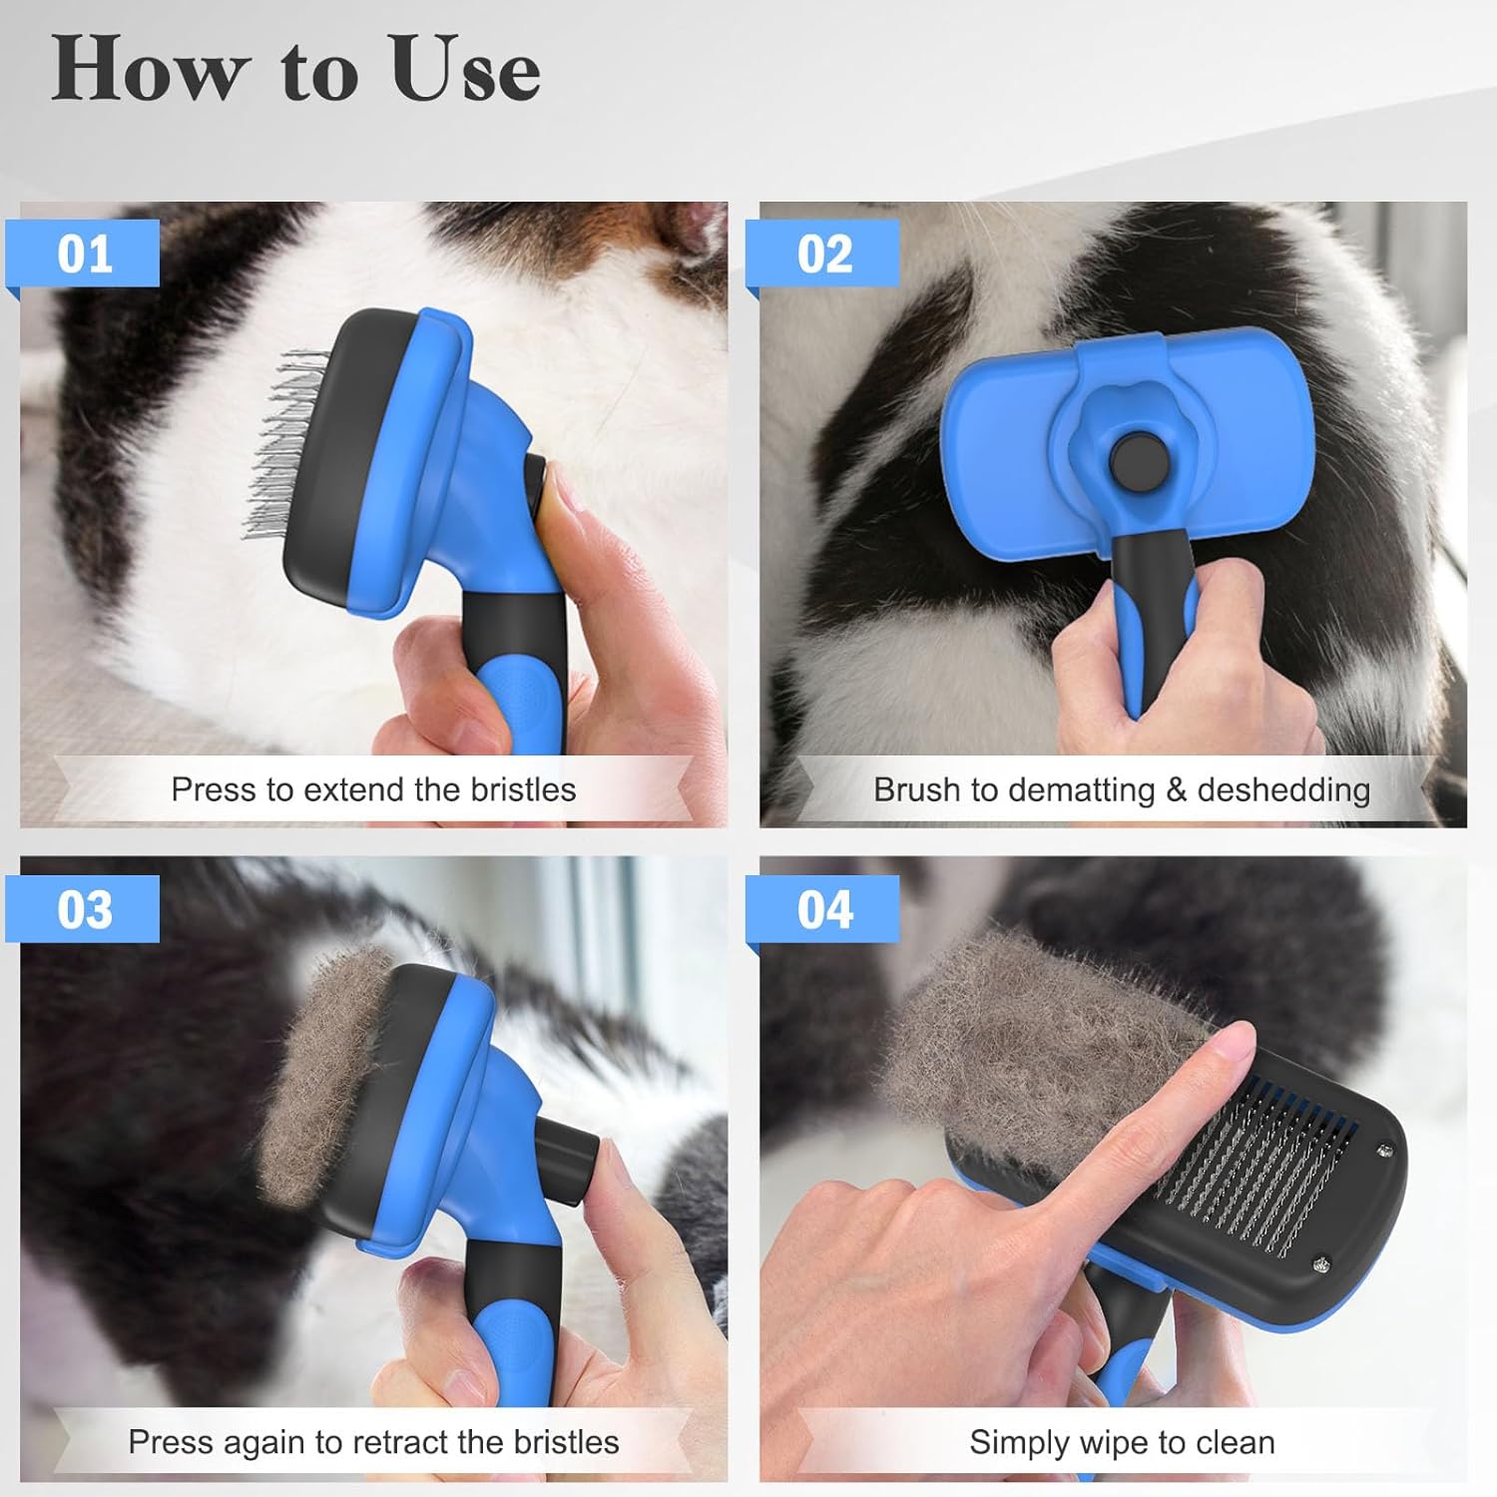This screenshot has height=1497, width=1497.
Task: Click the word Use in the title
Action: pos(465,70)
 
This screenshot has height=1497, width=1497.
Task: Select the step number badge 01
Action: pos(84,254)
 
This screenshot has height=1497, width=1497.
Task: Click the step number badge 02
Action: pos(824,254)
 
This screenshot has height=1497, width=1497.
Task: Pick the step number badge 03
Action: pos(84,909)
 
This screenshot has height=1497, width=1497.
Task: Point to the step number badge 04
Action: pos(824,909)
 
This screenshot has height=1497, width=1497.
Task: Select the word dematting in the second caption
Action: pos(1081,789)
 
